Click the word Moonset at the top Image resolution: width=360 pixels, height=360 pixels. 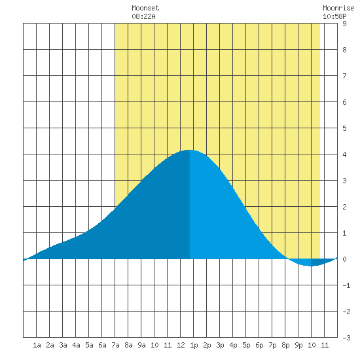tap(145, 8)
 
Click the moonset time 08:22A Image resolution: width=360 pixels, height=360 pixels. tap(143, 16)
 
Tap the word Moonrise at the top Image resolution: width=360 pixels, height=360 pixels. tap(338, 8)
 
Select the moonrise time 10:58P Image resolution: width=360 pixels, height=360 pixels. tap(334, 16)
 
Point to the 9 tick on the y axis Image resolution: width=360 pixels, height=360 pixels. tap(344, 24)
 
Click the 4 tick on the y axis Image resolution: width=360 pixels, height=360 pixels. tap(344, 154)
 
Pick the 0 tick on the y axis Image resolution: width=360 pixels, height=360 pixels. tap(344, 259)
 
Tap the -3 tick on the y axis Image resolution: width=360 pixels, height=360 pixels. tap(346, 338)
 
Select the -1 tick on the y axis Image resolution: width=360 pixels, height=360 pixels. tap(346, 285)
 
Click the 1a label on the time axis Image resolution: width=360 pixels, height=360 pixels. tap(37, 345)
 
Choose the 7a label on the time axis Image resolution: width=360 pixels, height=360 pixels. tap(115, 345)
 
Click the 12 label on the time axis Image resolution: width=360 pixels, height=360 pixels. tap(181, 345)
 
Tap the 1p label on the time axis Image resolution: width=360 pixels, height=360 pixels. tap(194, 345)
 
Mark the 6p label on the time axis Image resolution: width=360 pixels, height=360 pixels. tap(259, 345)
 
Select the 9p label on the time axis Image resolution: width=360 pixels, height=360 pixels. tap(298, 345)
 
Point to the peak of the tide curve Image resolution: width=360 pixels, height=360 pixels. tap(190, 150)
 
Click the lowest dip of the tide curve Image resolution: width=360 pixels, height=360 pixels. tap(310, 266)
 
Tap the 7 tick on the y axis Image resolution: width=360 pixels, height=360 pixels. tap(344, 76)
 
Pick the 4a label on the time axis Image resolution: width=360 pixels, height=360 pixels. tap(76, 345)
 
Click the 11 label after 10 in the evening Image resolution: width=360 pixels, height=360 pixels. tap(325, 345)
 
